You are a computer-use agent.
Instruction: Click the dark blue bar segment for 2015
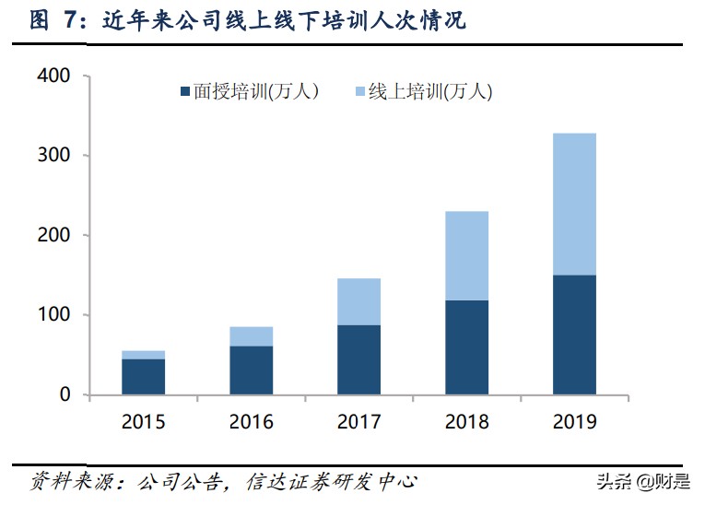(x=143, y=377)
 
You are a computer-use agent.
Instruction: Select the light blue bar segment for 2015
(x=143, y=355)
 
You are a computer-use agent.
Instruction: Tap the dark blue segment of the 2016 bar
(x=251, y=370)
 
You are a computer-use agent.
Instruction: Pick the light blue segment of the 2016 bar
(x=251, y=336)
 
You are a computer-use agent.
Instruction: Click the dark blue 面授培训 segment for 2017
(x=358, y=360)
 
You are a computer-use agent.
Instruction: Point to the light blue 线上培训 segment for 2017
(x=358, y=302)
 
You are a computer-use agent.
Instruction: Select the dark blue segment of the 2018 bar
(x=466, y=347)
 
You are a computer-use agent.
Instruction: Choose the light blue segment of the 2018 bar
(x=466, y=256)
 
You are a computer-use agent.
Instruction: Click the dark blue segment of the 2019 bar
(x=574, y=335)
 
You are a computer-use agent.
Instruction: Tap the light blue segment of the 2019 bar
(x=574, y=205)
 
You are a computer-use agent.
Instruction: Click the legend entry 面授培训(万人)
(x=249, y=91)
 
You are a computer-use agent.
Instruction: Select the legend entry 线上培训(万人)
(x=423, y=91)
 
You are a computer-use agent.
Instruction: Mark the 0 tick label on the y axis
(x=65, y=394)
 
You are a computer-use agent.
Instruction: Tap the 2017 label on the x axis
(x=358, y=423)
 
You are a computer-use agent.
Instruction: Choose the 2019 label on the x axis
(x=574, y=423)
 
